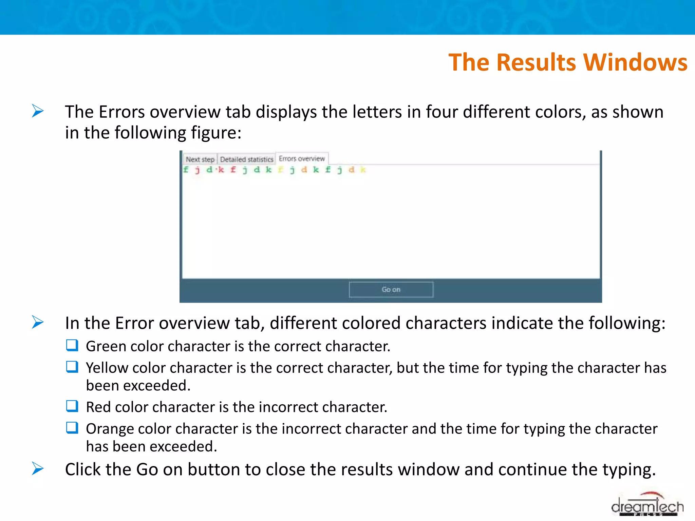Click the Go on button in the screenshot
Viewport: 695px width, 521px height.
pyautogui.click(x=391, y=289)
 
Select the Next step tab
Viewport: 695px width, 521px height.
pyautogui.click(x=200, y=159)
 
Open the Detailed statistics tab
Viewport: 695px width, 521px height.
pyautogui.click(x=246, y=159)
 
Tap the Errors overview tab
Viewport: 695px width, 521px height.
pyautogui.click(x=302, y=158)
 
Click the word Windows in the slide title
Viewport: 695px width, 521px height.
pyautogui.click(x=635, y=62)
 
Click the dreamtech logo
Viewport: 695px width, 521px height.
pyautogui.click(x=647, y=505)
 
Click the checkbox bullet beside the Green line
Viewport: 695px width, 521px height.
pyautogui.click(x=72, y=345)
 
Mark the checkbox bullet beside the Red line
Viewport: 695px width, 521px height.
pyautogui.click(x=72, y=406)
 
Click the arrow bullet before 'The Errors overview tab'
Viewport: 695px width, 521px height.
pyautogui.click(x=38, y=111)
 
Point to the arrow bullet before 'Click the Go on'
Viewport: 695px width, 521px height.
pyautogui.click(x=38, y=468)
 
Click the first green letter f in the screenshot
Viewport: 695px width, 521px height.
pyautogui.click(x=186, y=170)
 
